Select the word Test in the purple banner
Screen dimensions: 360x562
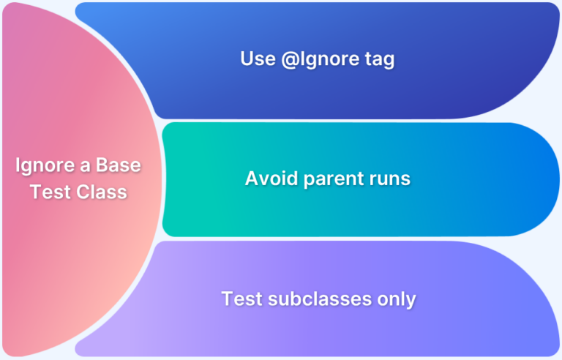pyautogui.click(x=239, y=299)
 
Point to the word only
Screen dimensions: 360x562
pyautogui.click(x=398, y=299)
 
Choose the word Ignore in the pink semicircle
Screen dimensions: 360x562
pyautogui.click(x=44, y=166)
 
